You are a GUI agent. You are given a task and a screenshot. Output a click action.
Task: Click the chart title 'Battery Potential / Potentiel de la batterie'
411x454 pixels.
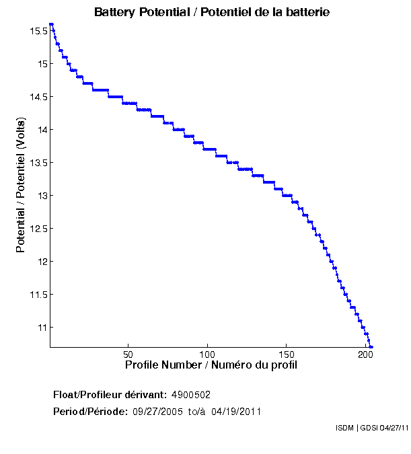[212, 12]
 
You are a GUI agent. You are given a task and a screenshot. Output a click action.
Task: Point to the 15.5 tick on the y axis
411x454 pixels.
[38, 31]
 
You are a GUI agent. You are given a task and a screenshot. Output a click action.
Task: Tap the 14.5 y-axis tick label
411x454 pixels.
[38, 97]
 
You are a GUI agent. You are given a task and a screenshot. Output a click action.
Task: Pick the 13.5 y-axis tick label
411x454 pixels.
[38, 163]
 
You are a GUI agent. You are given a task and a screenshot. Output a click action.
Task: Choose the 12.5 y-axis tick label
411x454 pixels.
[38, 229]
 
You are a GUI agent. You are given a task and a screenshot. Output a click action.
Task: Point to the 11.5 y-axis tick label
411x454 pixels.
[38, 295]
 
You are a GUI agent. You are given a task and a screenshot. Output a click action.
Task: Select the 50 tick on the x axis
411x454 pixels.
[128, 354]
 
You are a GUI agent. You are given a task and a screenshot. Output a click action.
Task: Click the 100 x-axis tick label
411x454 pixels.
[207, 354]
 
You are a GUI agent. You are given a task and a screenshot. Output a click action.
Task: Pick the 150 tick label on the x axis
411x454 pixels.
[286, 354]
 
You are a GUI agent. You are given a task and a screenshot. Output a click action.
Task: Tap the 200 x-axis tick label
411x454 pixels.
[365, 354]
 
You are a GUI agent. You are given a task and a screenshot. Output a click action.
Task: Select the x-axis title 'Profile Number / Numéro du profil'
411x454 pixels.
[211, 365]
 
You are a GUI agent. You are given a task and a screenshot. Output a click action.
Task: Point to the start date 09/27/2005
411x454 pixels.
[157, 411]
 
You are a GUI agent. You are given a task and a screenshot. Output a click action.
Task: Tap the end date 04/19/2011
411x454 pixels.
[236, 411]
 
